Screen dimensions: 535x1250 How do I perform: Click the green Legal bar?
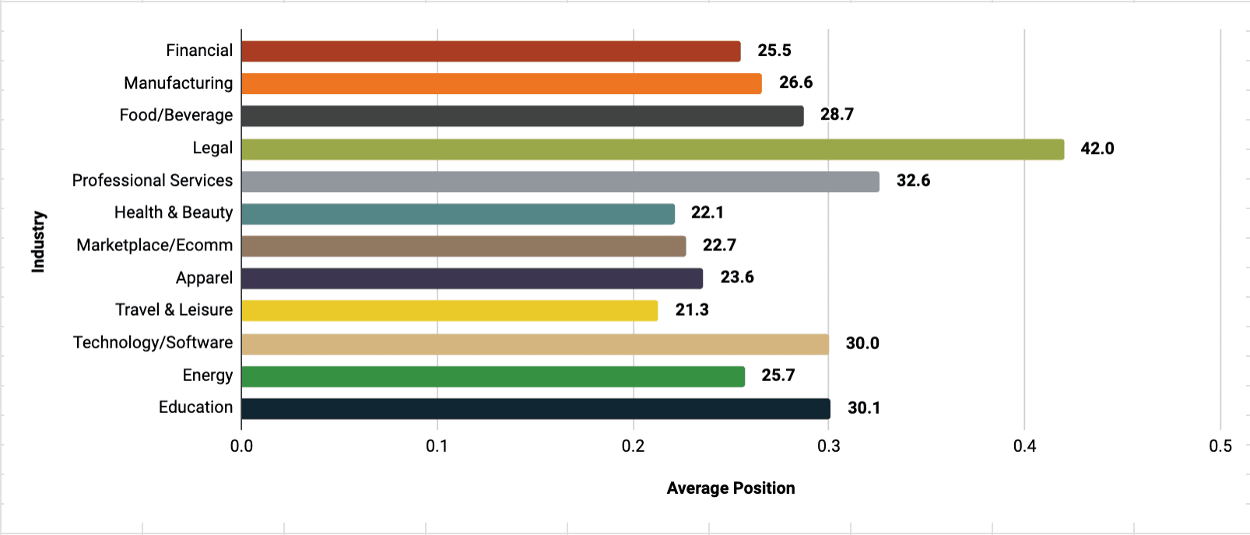(652, 149)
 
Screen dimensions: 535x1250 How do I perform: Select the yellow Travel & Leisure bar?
(449, 310)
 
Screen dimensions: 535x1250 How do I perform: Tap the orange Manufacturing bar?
(501, 84)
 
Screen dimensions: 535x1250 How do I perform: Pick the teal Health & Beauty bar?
(458, 214)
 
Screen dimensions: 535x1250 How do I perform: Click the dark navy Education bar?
(535, 408)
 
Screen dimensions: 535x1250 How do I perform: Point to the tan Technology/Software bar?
(535, 344)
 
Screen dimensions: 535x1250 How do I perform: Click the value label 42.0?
(1097, 149)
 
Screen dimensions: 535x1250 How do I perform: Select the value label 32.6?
(913, 180)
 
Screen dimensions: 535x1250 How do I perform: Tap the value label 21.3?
(691, 309)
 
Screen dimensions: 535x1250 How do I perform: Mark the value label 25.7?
(778, 375)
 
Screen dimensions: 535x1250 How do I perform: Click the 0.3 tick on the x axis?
(829, 446)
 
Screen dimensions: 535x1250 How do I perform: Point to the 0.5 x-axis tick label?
(1220, 446)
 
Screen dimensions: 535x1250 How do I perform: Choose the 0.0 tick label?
(241, 446)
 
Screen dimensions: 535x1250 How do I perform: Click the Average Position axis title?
(730, 488)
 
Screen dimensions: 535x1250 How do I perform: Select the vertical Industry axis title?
(38, 241)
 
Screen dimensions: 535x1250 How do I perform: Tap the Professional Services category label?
(153, 180)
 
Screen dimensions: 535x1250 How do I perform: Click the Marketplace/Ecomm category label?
(154, 246)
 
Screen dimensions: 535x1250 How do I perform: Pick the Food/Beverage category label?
(176, 115)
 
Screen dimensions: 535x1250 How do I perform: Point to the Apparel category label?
(204, 278)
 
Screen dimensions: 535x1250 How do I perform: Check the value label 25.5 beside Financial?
(774, 51)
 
